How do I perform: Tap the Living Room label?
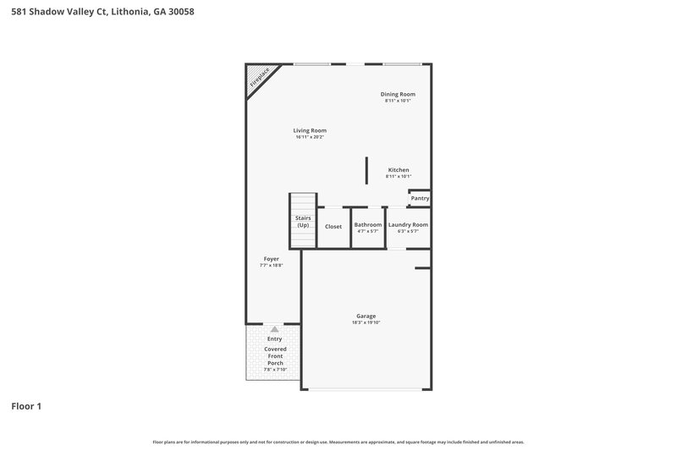310,130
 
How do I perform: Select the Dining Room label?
398,94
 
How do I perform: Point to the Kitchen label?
398,169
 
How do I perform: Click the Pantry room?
420,198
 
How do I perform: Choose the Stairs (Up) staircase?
303,222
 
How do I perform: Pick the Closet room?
333,226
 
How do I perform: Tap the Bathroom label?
368,224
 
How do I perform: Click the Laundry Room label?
408,224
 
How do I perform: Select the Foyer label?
271,259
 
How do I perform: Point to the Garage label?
366,316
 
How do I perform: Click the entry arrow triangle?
274,328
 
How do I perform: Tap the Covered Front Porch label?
275,355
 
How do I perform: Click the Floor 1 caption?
26,406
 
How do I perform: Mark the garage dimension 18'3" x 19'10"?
366,322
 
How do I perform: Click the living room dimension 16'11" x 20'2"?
311,137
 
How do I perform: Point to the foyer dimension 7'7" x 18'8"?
271,266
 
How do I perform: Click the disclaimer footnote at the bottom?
338,442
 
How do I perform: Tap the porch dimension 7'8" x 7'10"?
275,370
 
